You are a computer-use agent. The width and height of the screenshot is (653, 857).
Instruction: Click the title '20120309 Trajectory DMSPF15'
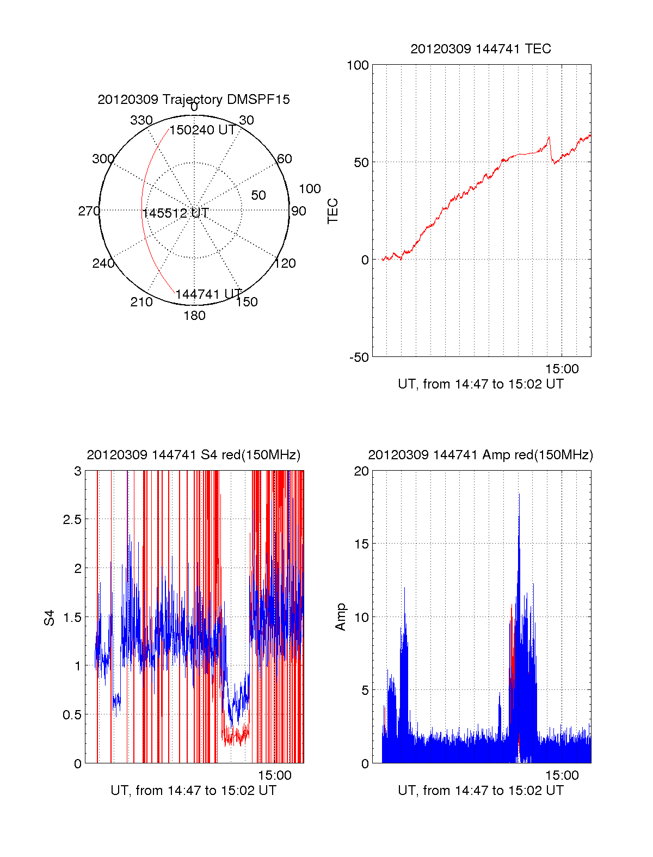pos(194,100)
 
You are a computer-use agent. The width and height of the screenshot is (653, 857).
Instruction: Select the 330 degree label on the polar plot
pos(141,120)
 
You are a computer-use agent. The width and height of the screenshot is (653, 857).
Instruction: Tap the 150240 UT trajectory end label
pos(202,131)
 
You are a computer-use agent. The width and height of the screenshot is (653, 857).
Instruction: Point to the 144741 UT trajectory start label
pos(208,294)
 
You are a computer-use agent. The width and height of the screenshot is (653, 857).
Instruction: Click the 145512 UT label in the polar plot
pos(176,213)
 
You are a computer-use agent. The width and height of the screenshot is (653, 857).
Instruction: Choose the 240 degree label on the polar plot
pos(103,263)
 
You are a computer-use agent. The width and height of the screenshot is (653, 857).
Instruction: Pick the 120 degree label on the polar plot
pos(285,263)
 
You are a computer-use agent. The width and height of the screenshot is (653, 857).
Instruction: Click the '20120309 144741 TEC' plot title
pos(480,49)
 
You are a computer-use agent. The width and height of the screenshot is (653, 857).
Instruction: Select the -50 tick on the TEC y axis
pos(359,357)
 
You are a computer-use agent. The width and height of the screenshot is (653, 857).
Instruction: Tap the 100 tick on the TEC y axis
pos(358,65)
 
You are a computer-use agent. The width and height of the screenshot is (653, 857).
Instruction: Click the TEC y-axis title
pos(332,211)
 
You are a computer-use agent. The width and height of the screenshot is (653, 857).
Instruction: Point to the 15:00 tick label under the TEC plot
pos(562,369)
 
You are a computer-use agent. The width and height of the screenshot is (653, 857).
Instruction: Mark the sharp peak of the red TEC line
pos(549,137)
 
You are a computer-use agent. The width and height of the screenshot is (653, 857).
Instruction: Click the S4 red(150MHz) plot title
pos(194,455)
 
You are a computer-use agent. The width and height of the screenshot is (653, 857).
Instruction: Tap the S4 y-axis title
pos(50,618)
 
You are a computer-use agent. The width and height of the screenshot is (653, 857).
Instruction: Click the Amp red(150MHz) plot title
pos(480,455)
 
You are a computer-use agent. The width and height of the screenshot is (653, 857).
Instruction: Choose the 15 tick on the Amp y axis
pos(361,544)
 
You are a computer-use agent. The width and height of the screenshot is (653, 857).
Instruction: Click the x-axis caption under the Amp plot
pos(480,791)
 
